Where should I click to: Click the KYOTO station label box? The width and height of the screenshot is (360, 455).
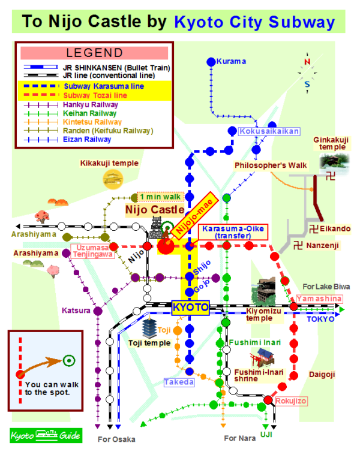(190, 308)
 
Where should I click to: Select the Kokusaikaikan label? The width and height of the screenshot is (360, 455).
(269, 131)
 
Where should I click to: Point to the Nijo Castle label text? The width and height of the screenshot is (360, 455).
(154, 210)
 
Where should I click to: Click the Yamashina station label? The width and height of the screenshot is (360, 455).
(319, 298)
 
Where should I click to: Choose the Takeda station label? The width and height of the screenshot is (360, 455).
(179, 382)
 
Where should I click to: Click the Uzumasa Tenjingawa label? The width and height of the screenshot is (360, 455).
(93, 251)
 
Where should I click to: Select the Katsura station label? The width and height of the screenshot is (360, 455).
(76, 311)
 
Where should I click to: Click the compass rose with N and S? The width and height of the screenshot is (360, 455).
(307, 72)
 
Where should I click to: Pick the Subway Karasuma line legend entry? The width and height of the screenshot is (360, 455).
(96, 86)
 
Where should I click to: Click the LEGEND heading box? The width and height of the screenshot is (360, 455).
(95, 53)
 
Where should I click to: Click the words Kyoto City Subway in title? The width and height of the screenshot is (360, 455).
(254, 23)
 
